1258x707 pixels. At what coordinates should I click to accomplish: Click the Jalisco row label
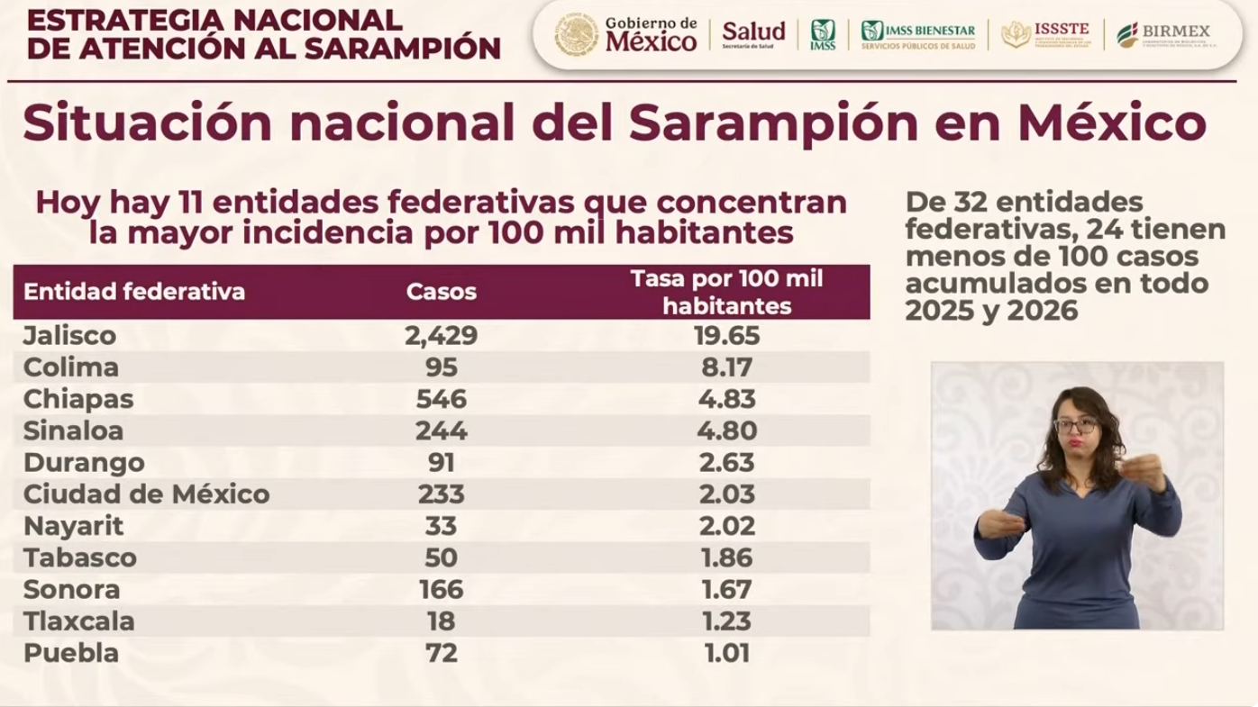point(69,336)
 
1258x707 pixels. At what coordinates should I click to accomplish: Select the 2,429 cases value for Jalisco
point(441,336)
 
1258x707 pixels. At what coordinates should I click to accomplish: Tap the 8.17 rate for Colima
point(725,367)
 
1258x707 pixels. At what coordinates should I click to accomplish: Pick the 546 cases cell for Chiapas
point(441,399)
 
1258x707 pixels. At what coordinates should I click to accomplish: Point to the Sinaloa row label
point(71,431)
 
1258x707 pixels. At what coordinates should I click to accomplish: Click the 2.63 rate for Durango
point(725,463)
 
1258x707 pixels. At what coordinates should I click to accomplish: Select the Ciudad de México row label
point(146,494)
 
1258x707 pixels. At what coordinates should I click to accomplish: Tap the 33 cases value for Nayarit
point(441,526)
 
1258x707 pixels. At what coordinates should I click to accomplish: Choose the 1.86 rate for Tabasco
point(725,557)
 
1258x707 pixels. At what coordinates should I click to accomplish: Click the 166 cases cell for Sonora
point(441,590)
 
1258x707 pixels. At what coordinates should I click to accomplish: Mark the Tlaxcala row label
point(78,621)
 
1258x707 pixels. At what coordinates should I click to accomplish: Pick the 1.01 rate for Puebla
point(725,653)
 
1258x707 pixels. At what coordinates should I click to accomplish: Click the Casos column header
point(441,292)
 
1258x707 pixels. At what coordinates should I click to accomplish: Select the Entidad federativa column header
point(134,292)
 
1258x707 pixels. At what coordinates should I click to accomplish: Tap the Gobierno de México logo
point(626,35)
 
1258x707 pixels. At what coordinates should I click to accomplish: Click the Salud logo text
point(753,33)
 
